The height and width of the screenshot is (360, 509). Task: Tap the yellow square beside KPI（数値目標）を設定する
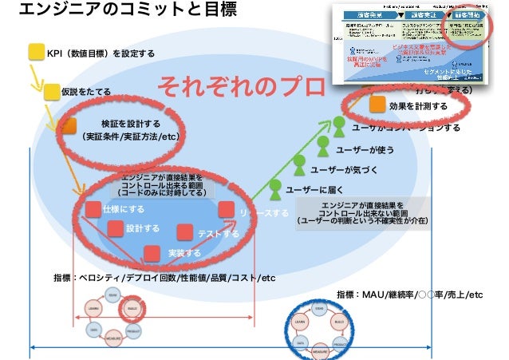tap(36, 53)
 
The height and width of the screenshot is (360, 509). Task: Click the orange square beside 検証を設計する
tap(69, 125)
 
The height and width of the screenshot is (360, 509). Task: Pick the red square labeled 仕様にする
tap(93, 208)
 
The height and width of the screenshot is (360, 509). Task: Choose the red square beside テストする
tap(185, 232)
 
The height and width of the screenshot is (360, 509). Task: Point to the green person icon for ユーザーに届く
tap(274, 188)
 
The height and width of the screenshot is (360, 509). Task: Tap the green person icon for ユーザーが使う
tap(322, 145)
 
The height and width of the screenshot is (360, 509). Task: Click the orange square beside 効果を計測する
tap(377, 105)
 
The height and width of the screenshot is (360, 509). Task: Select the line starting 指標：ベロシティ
tap(164, 278)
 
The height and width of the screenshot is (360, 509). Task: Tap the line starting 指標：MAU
tap(410, 295)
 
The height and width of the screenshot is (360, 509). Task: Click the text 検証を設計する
tap(130, 124)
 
